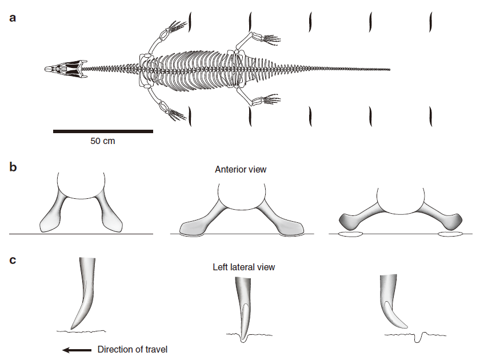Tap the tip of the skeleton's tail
[390, 70]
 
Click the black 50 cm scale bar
[103, 131]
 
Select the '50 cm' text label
[103, 141]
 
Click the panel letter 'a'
[13, 18]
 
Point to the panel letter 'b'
[13, 167]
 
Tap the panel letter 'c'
[13, 260]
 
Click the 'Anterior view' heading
[241, 170]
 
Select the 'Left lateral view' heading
[244, 267]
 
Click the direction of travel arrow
[77, 350]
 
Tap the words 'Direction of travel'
[133, 350]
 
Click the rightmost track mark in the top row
[431, 22]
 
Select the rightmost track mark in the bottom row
[431, 117]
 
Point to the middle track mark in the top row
[310, 22]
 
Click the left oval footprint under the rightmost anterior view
[350, 234]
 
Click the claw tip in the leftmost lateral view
[71, 329]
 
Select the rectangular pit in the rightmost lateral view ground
[418, 338]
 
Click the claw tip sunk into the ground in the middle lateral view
[244, 340]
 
